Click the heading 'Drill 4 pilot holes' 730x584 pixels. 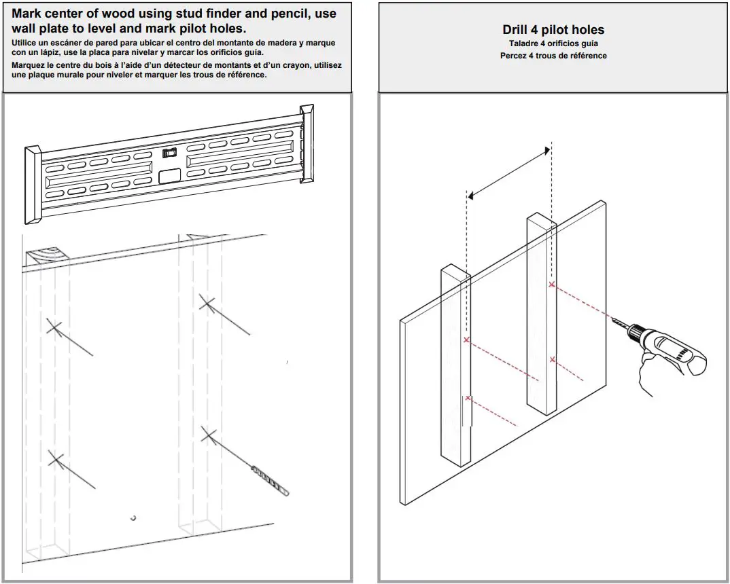553,30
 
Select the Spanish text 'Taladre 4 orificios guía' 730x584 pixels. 553,43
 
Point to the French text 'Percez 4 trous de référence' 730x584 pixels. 553,56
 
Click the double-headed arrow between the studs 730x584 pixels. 508,174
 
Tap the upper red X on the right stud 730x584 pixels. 551,285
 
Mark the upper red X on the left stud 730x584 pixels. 466,339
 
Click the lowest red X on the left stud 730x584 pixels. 468,398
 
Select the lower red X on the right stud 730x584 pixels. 553,359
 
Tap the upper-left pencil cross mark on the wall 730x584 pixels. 55,327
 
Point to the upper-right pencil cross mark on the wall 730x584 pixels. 207,303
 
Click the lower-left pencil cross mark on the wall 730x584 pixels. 56,459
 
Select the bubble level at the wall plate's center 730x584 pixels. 169,153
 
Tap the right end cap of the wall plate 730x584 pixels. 307,144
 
